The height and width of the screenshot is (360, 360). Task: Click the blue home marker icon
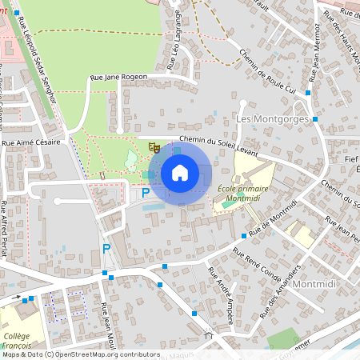pyautogui.click(x=180, y=173)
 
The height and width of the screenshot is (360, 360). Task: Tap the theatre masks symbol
pyautogui.click(x=154, y=147)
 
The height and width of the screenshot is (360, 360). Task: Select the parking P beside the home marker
pyautogui.click(x=146, y=193)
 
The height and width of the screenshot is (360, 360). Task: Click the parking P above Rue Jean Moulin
pyautogui.click(x=106, y=249)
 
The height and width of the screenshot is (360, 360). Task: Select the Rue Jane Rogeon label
pyautogui.click(x=119, y=77)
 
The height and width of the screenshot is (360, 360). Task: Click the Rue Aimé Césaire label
pyautogui.click(x=31, y=143)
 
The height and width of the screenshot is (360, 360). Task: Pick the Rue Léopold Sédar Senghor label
pyautogui.click(x=39, y=68)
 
